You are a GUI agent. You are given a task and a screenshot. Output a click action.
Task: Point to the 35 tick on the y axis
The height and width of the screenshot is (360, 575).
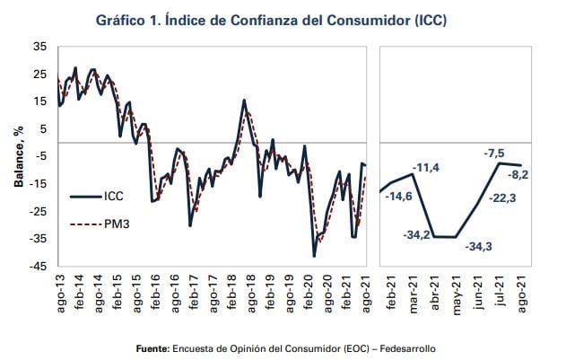tap(40, 47)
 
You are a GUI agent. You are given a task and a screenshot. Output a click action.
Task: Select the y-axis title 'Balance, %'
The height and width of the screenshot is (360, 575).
tap(17, 156)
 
